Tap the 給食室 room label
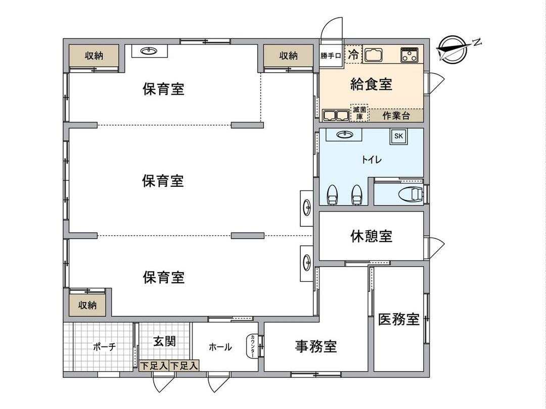pos(371,84)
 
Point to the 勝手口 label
pos(332,56)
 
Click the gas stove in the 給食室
pos(411,55)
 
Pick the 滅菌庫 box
pos(359,113)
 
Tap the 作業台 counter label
pos(396,115)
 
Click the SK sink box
pos(398,136)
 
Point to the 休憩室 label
pos(371,236)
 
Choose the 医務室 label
pos(399,319)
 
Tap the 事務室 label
pos(316,346)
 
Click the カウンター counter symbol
pos(252,347)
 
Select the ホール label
pos(220,347)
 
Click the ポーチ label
pos(105,347)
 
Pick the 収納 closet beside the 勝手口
pos(288,56)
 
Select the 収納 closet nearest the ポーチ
pos(87,305)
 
